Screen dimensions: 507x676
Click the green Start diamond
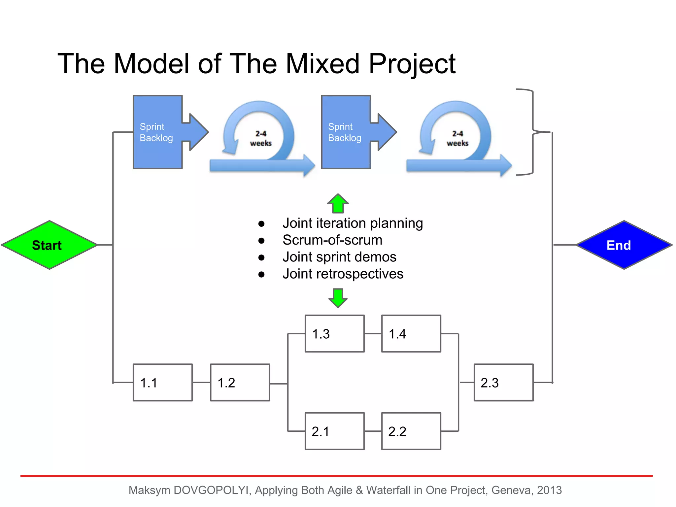coord(50,245)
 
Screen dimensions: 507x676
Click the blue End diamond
coord(624,245)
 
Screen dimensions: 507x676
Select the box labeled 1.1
coord(162,383)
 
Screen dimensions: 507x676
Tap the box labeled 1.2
coord(240,383)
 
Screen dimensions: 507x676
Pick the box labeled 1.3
coord(334,334)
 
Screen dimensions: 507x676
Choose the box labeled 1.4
coord(411,334)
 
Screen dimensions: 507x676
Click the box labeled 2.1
coord(334,431)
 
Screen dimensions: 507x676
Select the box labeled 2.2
coord(411,431)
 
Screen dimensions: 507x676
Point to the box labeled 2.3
coord(503,383)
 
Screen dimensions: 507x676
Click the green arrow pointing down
coord(338,298)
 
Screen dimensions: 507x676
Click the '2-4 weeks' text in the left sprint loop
coord(261,138)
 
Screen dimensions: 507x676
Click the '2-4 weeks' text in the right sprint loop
coord(457,138)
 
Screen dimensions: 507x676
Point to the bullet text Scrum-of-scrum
coord(332,240)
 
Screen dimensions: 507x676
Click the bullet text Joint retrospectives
coord(343,274)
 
